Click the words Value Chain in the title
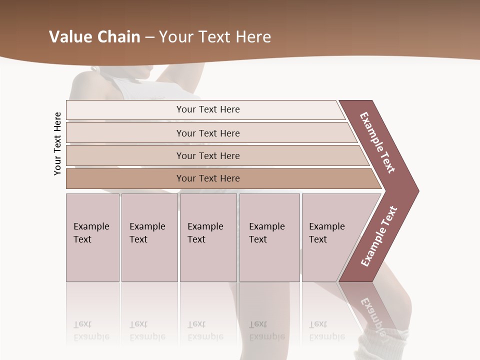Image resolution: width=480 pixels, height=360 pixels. pos(94,37)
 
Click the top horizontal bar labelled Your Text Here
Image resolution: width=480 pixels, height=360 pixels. pos(208,109)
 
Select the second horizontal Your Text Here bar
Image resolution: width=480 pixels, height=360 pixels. pos(208,133)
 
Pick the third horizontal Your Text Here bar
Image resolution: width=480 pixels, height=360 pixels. pos(208,155)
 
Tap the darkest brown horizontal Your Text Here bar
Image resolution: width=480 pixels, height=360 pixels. pos(208,178)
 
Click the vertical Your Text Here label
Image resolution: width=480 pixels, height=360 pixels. pos(57,143)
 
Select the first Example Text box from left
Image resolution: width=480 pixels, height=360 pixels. pos(92,237)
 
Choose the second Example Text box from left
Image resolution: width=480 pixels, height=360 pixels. pos(149,237)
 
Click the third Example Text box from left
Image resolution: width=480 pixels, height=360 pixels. pos(208,237)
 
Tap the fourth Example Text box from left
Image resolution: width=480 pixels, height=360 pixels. pos(269,237)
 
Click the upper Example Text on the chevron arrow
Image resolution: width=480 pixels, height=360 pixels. pos(377,142)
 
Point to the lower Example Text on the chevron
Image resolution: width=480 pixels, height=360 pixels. pos(379,236)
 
